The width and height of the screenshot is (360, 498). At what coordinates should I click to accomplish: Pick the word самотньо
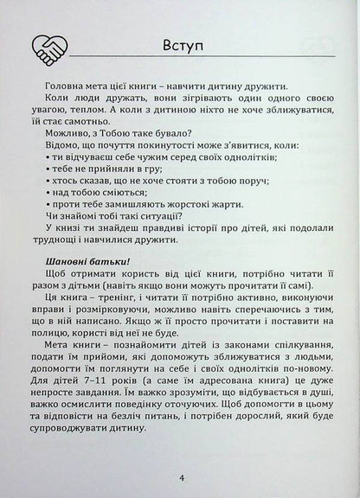coord(87,124)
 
